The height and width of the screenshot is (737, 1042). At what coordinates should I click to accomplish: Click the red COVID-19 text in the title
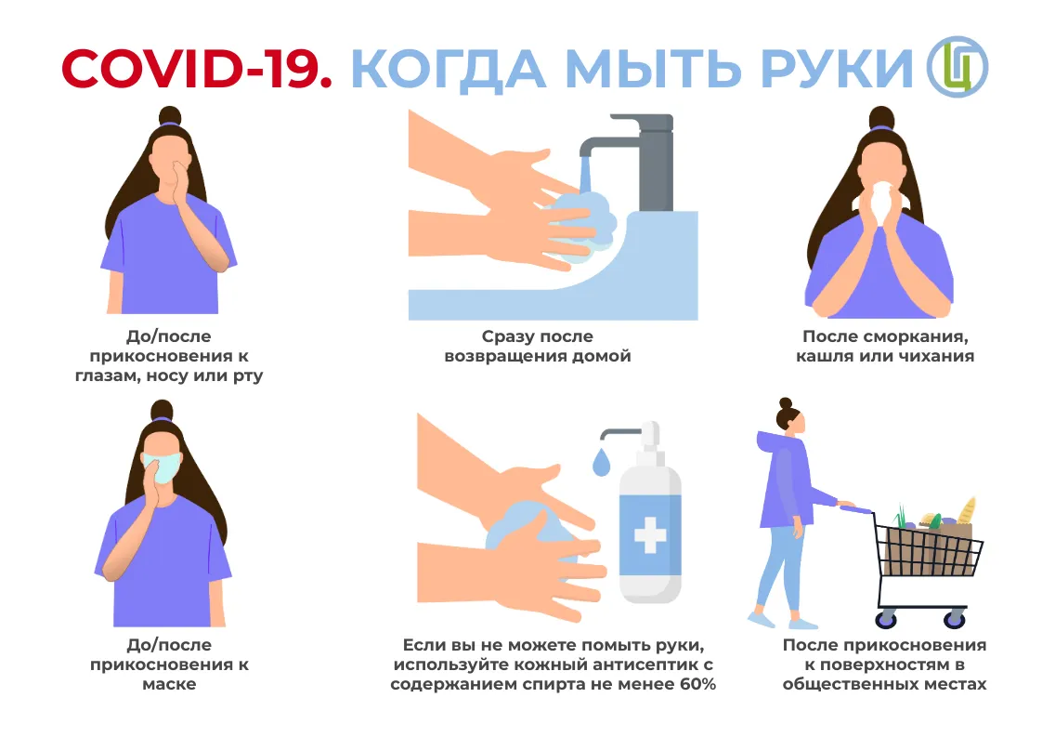197,69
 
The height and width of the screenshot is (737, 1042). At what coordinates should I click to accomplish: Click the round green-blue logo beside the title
957,67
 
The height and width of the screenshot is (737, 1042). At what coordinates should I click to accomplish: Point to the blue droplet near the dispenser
602,462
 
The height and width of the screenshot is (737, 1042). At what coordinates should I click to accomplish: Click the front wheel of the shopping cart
955,620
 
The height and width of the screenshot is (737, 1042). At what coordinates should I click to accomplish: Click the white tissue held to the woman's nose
882,200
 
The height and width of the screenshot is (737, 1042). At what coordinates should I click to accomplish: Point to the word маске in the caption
169,684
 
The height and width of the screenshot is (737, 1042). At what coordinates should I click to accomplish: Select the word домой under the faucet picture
602,357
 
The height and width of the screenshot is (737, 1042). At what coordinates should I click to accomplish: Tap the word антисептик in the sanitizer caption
642,665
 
